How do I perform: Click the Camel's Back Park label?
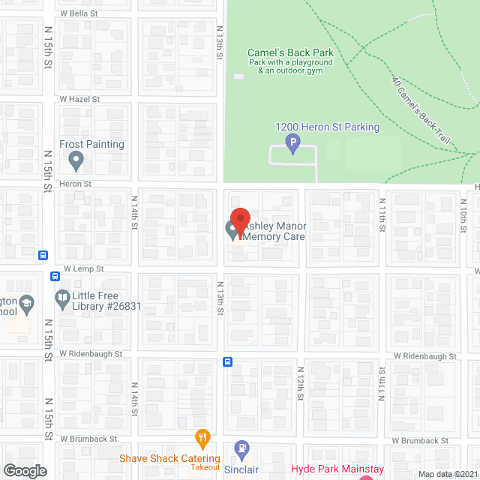click(290, 52)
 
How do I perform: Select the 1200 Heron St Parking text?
click(328, 127)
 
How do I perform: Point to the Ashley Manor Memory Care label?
click(273, 231)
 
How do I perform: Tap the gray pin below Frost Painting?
click(76, 160)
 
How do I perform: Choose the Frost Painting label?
click(92, 144)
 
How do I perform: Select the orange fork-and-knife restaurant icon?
click(202, 437)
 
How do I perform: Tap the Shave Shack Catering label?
click(170, 458)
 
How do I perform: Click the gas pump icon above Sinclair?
click(241, 451)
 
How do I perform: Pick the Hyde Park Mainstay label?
click(337, 469)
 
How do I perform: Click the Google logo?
click(24, 470)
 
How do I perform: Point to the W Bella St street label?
click(79, 14)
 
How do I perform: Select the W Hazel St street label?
click(80, 99)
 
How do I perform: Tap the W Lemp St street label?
click(83, 268)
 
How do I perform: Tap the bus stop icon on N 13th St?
click(227, 362)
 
